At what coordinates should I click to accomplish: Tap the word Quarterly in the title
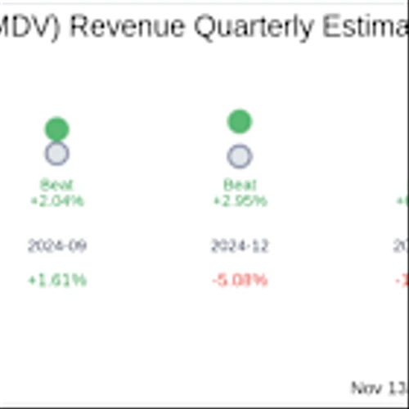point(241,29)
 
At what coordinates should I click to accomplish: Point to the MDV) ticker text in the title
point(31,29)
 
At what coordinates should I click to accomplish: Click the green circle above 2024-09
point(56,128)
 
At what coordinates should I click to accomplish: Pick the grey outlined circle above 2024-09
point(56,153)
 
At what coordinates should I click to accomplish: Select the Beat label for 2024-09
point(56,186)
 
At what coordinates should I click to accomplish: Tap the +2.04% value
point(56,200)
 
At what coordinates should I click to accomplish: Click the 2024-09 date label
point(56,246)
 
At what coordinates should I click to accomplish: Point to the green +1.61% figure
point(56,281)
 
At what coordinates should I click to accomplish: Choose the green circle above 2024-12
point(239,122)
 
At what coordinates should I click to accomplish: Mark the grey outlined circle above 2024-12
point(239,156)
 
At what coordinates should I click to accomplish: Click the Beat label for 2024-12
point(239,186)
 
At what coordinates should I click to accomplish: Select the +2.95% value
point(239,200)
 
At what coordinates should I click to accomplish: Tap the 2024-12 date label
point(239,246)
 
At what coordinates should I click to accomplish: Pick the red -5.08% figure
point(239,281)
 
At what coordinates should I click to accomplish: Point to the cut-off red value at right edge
point(403,281)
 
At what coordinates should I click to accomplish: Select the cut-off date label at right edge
point(402,246)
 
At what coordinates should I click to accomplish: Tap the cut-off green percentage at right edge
point(403,200)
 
